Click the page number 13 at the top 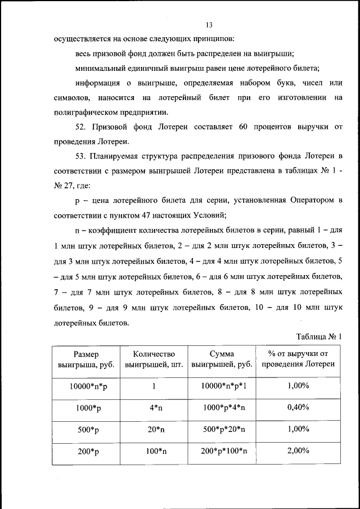click(x=209, y=25)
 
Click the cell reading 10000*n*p click(x=85, y=386)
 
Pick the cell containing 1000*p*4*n click(x=221, y=408)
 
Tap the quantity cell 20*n click(x=154, y=430)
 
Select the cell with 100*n click(x=154, y=452)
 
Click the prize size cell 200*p click(x=85, y=452)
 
